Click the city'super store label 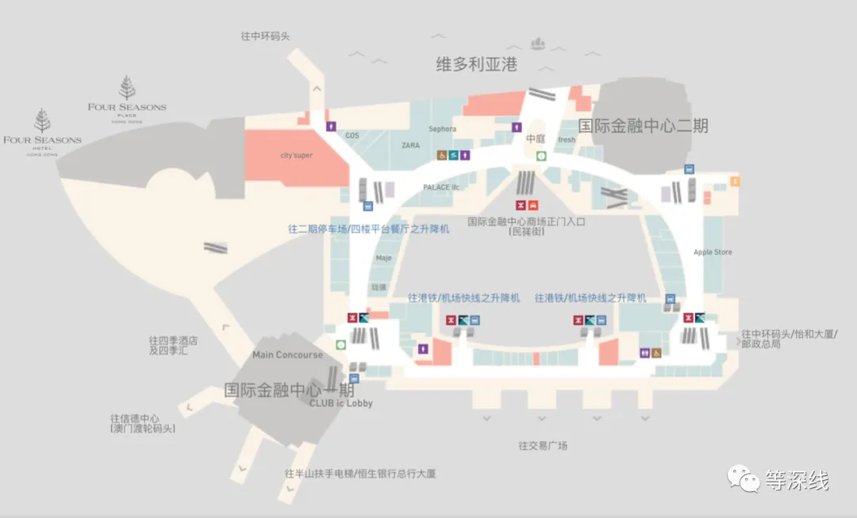[x=296, y=155]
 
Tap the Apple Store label [x=713, y=252]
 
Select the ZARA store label [x=410, y=146]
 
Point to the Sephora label [x=442, y=129]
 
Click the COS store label [x=352, y=136]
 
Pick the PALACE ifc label [x=441, y=187]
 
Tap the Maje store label [x=384, y=258]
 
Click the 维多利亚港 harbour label [x=476, y=65]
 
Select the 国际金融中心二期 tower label [x=642, y=125]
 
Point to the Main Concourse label [x=287, y=355]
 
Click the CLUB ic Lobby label [x=340, y=403]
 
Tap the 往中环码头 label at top [x=271, y=36]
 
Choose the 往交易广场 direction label [x=543, y=446]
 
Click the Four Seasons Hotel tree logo [x=42, y=121]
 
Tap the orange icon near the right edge [x=736, y=182]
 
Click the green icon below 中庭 [x=540, y=155]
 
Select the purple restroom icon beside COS [x=332, y=126]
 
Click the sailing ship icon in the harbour [x=540, y=40]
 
